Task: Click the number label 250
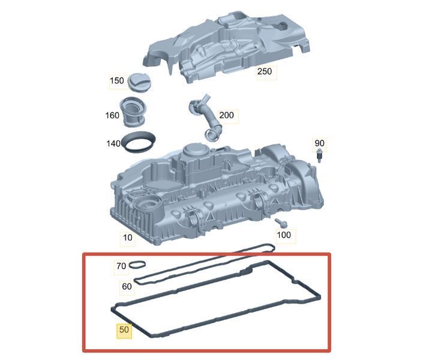point(265,71)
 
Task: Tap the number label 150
point(117,81)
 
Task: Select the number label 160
point(112,115)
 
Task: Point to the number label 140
point(113,144)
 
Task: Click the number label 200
point(226,115)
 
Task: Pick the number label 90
point(319,143)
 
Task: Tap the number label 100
point(284,235)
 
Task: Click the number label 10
point(128,238)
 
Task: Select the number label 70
point(121,266)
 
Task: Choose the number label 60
point(127,286)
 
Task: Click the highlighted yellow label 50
point(124,329)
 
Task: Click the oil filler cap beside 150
point(139,82)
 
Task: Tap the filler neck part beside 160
point(133,112)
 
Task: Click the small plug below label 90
point(319,156)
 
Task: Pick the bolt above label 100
point(281,223)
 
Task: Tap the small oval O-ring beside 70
point(137,265)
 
